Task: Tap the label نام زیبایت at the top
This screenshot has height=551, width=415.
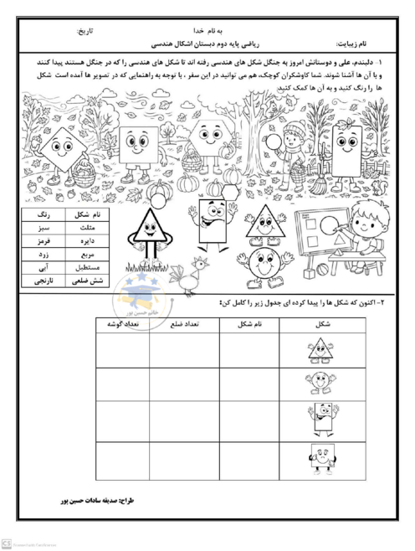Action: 353,44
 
